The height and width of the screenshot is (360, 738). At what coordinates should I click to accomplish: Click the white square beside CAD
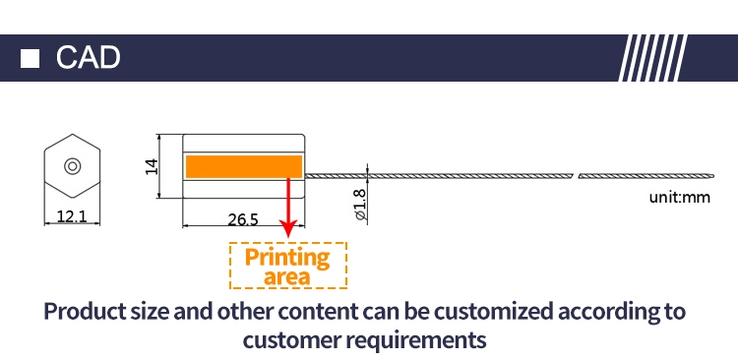click(x=30, y=58)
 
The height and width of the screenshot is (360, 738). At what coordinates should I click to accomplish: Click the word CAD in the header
click(x=88, y=58)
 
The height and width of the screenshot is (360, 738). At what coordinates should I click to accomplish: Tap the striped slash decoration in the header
click(x=652, y=58)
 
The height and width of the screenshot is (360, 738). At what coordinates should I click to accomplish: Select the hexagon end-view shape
click(x=72, y=166)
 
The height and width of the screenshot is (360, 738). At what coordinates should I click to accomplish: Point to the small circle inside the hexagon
click(x=73, y=166)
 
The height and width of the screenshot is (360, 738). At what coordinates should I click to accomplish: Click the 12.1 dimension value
click(x=72, y=216)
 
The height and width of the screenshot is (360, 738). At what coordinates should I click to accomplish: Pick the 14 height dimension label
click(x=152, y=166)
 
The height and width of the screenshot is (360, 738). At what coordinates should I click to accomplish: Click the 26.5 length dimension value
click(x=243, y=219)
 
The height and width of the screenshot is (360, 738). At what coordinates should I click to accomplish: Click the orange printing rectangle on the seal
click(x=244, y=166)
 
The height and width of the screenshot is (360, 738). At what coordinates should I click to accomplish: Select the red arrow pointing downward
click(x=288, y=208)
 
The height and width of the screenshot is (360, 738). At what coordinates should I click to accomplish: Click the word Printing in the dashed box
click(x=287, y=258)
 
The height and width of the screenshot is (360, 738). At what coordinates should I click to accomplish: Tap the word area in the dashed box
click(x=287, y=276)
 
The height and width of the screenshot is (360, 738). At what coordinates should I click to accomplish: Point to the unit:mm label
click(x=680, y=197)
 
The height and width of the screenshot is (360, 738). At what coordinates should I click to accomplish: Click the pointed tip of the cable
click(x=713, y=176)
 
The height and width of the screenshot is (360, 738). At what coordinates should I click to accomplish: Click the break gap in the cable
click(x=576, y=176)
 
